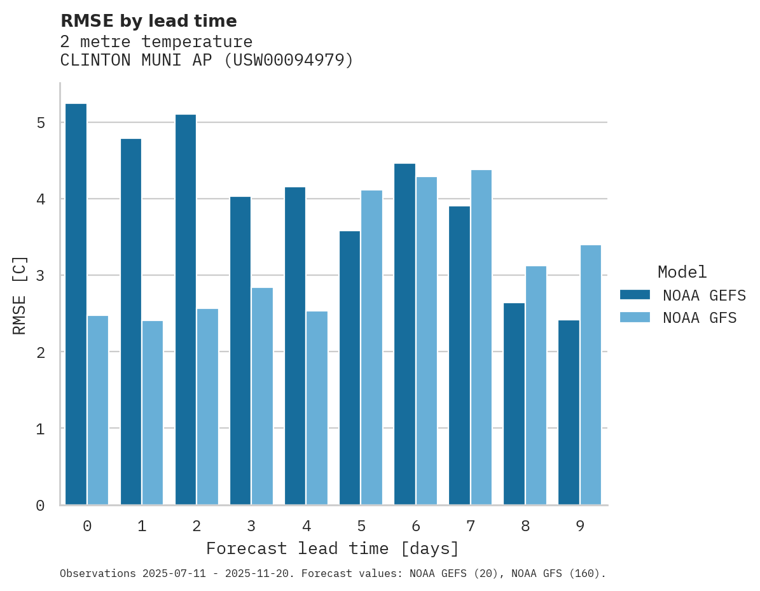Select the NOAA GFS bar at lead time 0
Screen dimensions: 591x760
[98, 410]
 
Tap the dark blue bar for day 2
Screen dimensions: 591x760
[185, 310]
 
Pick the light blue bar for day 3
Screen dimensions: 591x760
[262, 396]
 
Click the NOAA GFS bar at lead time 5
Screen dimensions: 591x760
[371, 348]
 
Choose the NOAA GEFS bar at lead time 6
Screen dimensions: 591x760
[404, 334]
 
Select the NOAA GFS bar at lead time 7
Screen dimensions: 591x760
[481, 338]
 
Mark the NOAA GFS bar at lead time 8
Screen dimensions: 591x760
[535, 385]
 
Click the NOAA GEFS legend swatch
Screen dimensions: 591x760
[635, 295]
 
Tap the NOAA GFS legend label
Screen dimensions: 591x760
[699, 318]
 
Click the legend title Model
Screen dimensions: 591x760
[682, 273]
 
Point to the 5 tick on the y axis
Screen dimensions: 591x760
[40, 122]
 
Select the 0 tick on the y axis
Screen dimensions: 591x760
[40, 506]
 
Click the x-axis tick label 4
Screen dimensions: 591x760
[306, 527]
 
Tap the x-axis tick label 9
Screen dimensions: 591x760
[580, 527]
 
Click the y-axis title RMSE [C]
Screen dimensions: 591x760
[20, 295]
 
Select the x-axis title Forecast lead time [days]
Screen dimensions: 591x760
[333, 549]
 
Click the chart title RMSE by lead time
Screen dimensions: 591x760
[148, 21]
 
